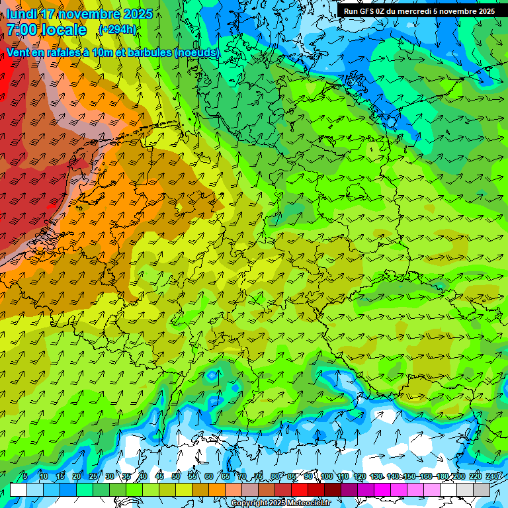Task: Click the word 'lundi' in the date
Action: tap(21, 14)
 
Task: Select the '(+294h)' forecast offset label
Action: tap(118, 29)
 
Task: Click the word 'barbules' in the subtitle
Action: tap(148, 52)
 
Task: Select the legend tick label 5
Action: tap(25, 477)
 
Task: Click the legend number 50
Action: tap(176, 477)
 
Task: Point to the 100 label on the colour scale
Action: tap(327, 477)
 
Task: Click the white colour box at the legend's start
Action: tap(19, 489)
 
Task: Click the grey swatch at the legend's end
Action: tap(482, 489)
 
